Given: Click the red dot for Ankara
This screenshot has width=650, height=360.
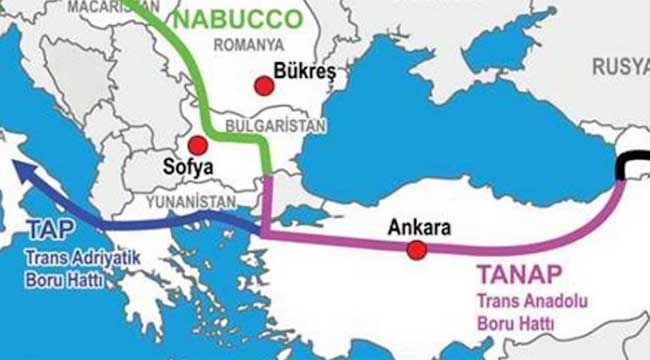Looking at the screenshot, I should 416,249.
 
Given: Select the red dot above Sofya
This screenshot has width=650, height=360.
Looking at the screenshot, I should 198,145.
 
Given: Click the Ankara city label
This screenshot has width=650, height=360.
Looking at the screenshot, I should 414,226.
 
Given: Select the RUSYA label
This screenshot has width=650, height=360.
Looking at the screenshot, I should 620,66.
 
